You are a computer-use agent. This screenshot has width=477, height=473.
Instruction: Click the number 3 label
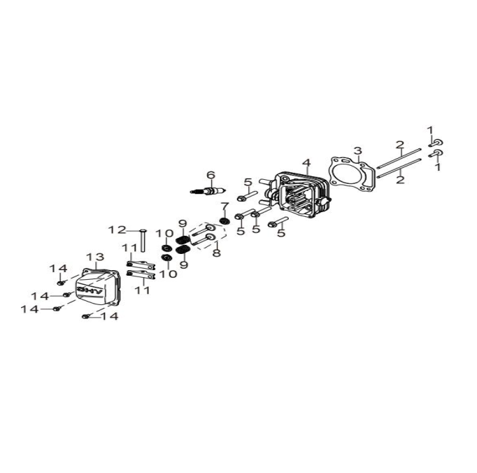pyautogui.click(x=358, y=150)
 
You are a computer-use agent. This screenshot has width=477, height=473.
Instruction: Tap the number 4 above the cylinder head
pyautogui.click(x=306, y=163)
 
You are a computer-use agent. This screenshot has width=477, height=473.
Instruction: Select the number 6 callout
pyautogui.click(x=211, y=176)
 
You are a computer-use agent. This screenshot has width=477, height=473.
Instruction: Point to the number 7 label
pyautogui.click(x=225, y=206)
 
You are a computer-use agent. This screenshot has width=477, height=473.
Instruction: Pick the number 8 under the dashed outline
pyautogui.click(x=217, y=253)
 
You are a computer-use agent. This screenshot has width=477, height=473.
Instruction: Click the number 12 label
pyautogui.click(x=117, y=230)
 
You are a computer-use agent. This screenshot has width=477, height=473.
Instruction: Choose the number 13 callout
pyautogui.click(x=95, y=257)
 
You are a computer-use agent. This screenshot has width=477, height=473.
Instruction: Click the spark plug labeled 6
pyautogui.click(x=208, y=192)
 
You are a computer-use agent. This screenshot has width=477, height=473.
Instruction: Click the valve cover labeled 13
pyautogui.click(x=98, y=287)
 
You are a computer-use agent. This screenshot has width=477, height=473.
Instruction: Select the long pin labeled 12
pyautogui.click(x=143, y=241)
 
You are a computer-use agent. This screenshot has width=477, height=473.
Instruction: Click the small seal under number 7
pyautogui.click(x=225, y=221)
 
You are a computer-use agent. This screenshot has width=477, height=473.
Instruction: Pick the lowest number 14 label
pyautogui.click(x=109, y=316)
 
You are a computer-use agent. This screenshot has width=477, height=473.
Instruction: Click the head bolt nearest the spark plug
pyautogui.click(x=247, y=196)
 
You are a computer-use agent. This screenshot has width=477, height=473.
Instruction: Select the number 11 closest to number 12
pyautogui.click(x=130, y=248)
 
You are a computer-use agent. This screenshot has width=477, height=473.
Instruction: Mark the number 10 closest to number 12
pyautogui.click(x=164, y=234)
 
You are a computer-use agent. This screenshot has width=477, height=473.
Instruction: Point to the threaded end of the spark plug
pyautogui.click(x=197, y=191)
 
